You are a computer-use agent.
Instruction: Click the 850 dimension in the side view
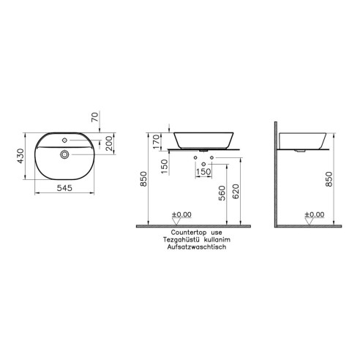(x=328, y=180)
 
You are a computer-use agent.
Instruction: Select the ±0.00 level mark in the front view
(x=181, y=215)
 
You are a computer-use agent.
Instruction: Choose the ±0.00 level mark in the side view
(x=314, y=215)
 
